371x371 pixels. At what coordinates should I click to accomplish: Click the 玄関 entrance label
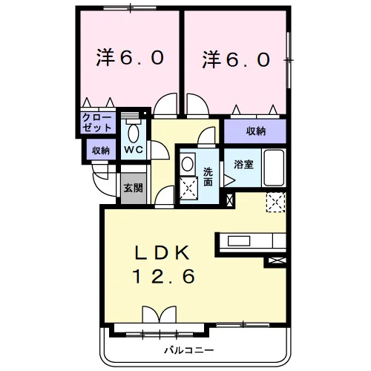[x=134, y=188]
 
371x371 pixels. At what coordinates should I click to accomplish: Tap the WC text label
[x=134, y=149]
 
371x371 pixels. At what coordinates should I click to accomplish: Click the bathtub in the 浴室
[x=274, y=168]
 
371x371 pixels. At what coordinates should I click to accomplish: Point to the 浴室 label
[x=243, y=164]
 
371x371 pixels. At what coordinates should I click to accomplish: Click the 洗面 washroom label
[x=208, y=177]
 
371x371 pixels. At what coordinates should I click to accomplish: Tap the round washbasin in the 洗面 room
[x=188, y=163]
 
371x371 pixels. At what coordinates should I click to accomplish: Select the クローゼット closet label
[x=97, y=122]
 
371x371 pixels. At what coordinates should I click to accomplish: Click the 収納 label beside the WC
[x=101, y=150]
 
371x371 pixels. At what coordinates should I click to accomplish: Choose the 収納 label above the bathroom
[x=256, y=131]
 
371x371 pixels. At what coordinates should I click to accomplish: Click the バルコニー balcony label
[x=189, y=350]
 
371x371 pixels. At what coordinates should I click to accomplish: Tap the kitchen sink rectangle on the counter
[x=239, y=241]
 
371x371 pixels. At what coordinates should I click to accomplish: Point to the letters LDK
[x=162, y=252]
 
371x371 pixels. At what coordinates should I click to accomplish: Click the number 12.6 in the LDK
[x=164, y=276]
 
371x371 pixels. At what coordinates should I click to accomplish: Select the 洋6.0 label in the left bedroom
[x=130, y=57]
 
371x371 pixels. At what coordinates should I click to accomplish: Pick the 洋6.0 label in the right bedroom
[x=236, y=59]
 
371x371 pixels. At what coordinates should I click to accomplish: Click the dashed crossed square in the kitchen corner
[x=276, y=203]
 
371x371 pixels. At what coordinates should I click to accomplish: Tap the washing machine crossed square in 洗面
[x=188, y=188]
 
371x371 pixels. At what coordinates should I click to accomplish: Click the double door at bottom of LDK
[x=160, y=314]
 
